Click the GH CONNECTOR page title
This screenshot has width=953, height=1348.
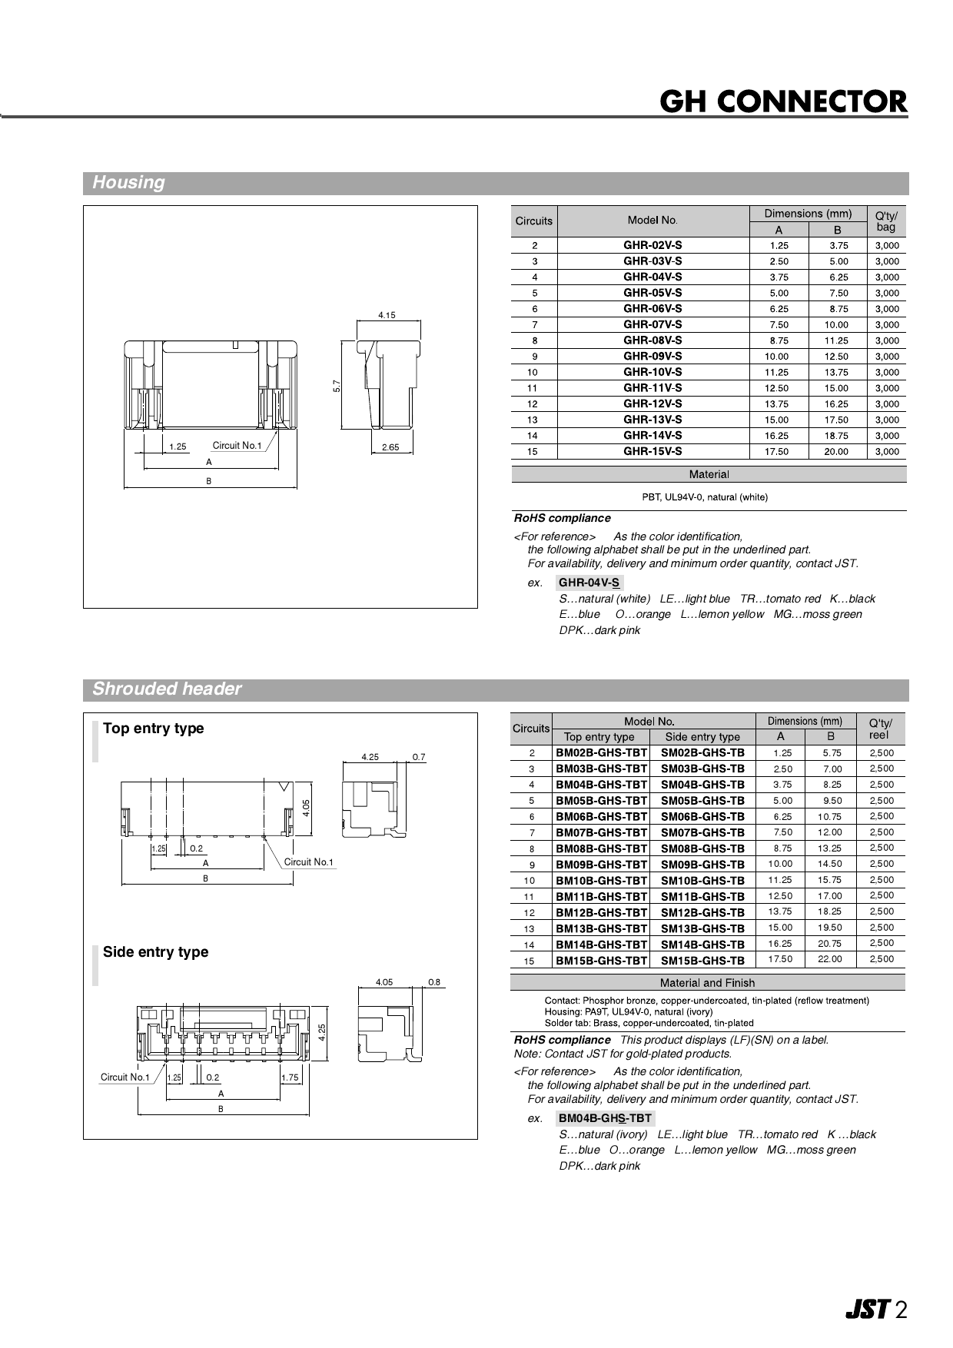(784, 101)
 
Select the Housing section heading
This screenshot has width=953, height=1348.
(128, 183)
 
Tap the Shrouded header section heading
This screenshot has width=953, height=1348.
(167, 689)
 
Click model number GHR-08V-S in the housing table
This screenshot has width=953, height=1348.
(652, 340)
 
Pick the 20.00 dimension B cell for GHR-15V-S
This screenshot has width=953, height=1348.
(835, 452)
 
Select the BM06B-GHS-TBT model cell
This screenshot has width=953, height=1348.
(601, 817)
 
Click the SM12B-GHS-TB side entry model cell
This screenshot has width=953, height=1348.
(702, 912)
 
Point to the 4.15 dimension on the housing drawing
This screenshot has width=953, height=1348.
(387, 315)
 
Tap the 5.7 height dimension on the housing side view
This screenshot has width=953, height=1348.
(337, 386)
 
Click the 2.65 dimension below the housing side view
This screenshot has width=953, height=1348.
(390, 447)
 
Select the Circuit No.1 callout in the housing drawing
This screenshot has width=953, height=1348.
(237, 446)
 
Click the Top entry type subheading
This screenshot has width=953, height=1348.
(154, 729)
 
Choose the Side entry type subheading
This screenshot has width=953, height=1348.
(155, 952)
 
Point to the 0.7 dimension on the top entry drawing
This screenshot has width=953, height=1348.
(419, 757)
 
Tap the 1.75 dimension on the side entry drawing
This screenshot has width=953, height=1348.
(290, 1077)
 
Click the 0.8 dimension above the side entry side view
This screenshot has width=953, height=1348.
(434, 982)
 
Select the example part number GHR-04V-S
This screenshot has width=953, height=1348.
(589, 583)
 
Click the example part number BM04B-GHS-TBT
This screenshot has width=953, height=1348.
(605, 1118)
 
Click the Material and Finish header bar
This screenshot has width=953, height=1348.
(707, 983)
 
